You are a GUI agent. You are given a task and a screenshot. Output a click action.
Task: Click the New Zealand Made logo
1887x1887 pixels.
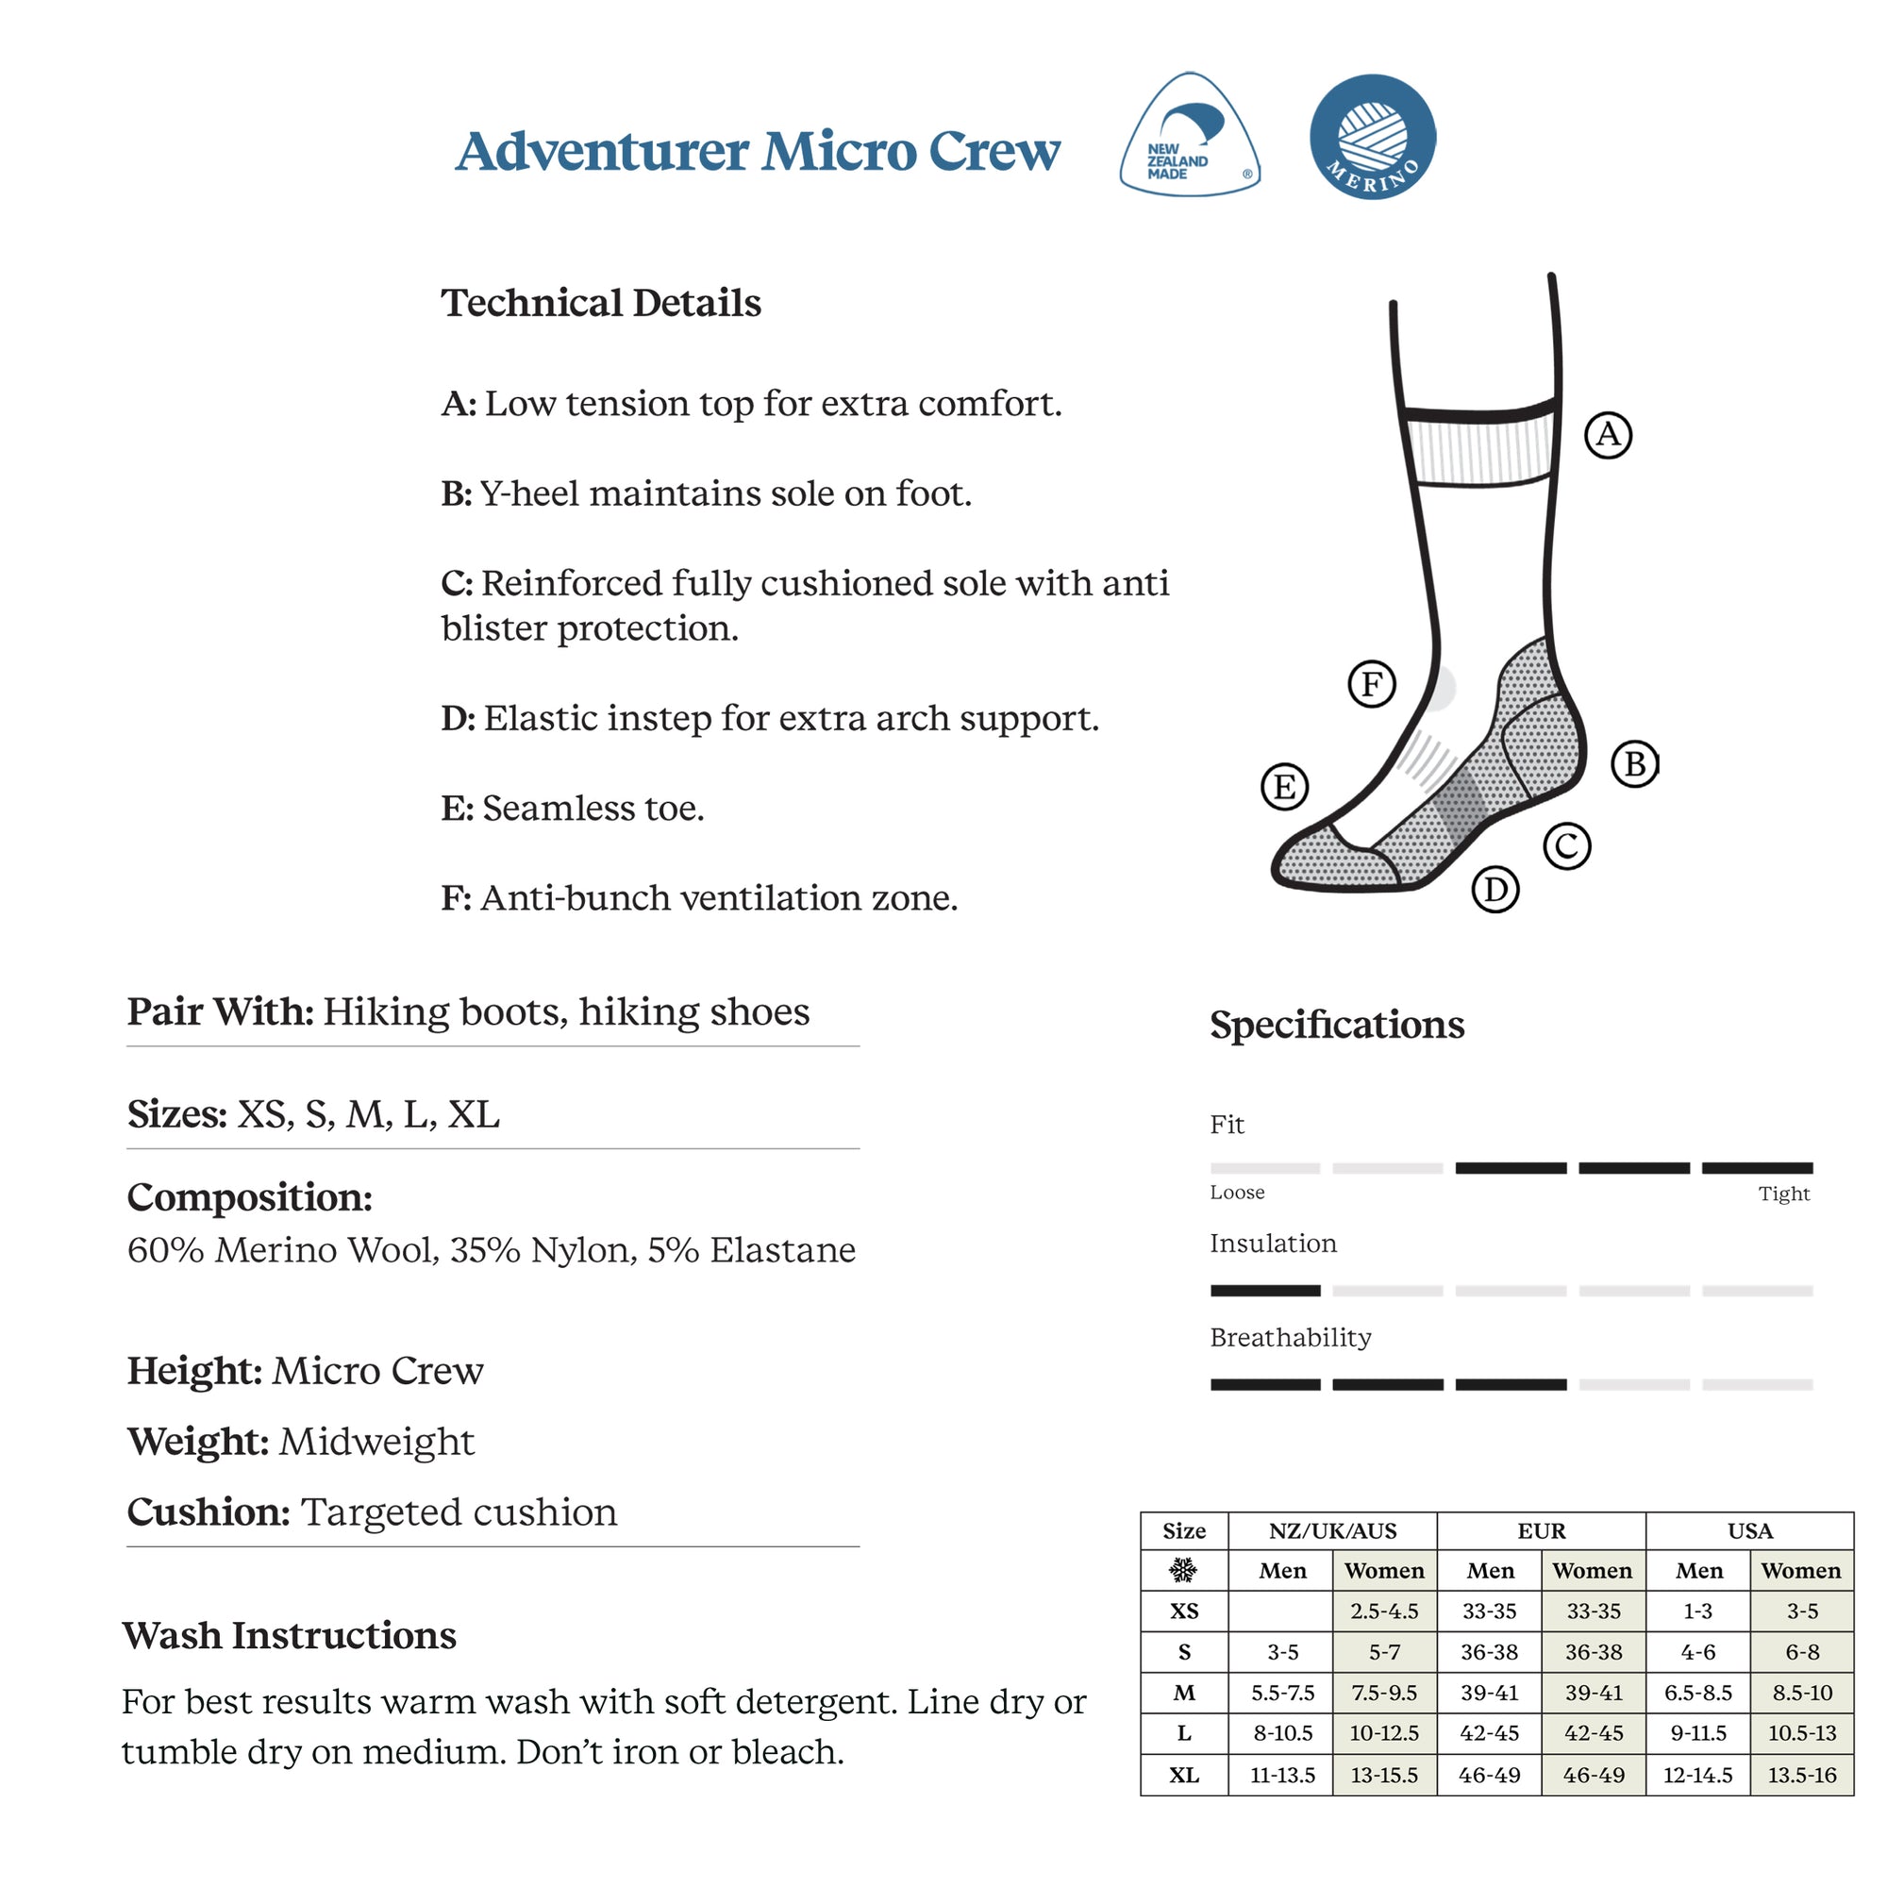[x=1189, y=137]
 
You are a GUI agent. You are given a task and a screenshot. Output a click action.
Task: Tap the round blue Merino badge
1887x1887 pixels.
[x=1372, y=137]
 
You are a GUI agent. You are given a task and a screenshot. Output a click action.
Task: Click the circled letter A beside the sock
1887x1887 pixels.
[x=1608, y=435]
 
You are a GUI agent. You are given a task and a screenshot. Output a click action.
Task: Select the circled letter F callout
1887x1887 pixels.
[x=1371, y=684]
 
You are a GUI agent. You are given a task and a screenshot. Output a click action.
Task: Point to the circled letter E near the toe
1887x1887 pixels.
[x=1284, y=786]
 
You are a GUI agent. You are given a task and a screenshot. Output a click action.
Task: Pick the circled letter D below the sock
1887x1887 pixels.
[x=1495, y=890]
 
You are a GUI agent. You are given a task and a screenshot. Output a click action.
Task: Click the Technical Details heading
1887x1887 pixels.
[x=601, y=303]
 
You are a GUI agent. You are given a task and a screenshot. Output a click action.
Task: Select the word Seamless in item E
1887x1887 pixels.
[x=553, y=809]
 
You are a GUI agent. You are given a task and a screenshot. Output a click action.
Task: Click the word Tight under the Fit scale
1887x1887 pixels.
[x=1783, y=1194]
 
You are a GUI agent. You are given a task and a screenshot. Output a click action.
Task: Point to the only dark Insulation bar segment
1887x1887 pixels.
[x=1265, y=1290]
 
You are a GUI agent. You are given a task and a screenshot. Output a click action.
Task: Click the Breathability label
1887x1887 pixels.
[x=1290, y=1337]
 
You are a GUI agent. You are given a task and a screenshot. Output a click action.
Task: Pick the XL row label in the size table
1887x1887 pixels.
[x=1184, y=1775]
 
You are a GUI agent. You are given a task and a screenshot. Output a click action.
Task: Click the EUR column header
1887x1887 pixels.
[x=1542, y=1530]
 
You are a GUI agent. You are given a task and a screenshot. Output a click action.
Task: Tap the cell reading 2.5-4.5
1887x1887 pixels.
[x=1384, y=1611]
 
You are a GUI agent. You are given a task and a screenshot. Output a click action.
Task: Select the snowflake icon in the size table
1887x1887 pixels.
[x=1184, y=1571]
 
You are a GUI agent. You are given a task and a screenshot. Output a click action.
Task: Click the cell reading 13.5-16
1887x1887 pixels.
[x=1801, y=1775]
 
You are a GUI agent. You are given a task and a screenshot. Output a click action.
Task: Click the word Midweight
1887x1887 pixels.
[x=376, y=1442]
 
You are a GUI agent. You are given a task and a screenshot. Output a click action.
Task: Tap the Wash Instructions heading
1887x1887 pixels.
[x=289, y=1636]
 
